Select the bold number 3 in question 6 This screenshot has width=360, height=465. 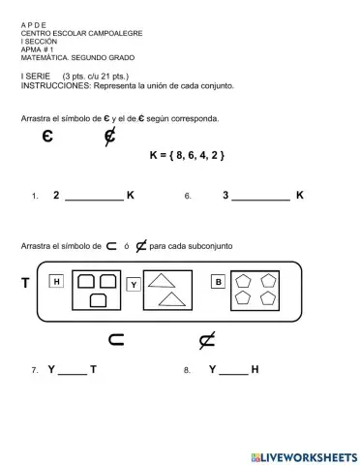pyautogui.click(x=225, y=195)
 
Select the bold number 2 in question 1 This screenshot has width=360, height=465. pyautogui.click(x=56, y=195)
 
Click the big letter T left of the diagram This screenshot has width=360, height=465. pyautogui.click(x=24, y=284)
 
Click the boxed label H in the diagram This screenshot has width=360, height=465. pyautogui.click(x=57, y=282)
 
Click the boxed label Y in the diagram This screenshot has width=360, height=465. pyautogui.click(x=134, y=284)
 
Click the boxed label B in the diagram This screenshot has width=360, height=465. pyautogui.click(x=218, y=282)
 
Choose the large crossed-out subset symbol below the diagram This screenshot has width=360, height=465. pyautogui.click(x=205, y=339)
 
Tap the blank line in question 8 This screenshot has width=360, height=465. pyautogui.click(x=233, y=374)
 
